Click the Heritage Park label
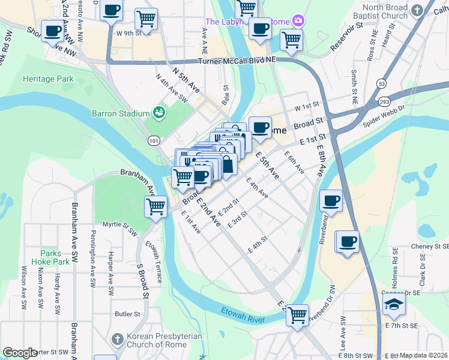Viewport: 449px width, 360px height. [47, 79]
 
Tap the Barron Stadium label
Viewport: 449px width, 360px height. [121, 113]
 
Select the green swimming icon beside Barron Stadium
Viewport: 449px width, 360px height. [158, 112]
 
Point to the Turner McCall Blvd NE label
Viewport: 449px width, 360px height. [237, 62]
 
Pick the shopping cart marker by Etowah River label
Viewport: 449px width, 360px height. [297, 314]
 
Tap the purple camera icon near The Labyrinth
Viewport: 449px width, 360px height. [298, 22]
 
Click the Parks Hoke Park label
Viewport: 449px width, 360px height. [55, 257]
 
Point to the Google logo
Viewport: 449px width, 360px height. [20, 353]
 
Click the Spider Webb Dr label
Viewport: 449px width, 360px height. [384, 120]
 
